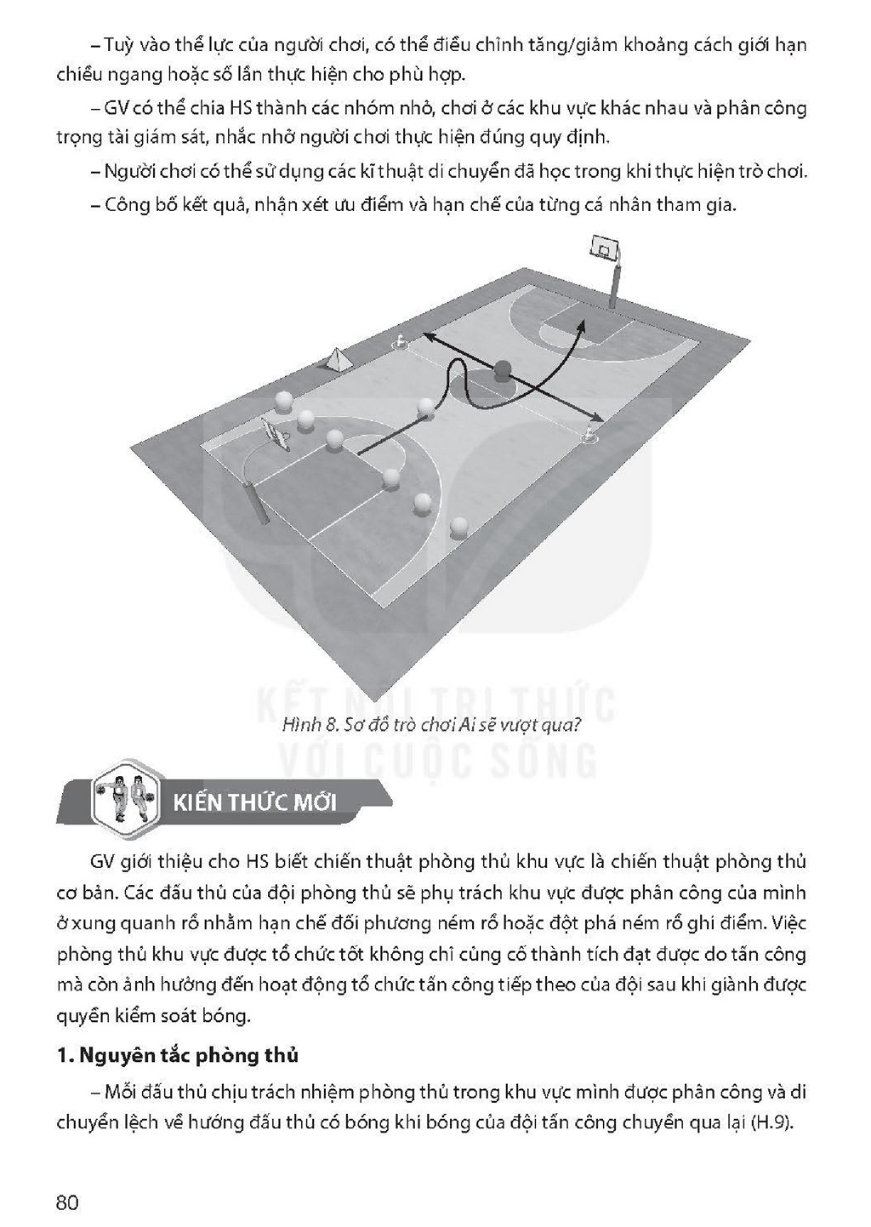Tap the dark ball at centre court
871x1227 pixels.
click(502, 371)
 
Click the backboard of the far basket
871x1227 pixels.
click(605, 248)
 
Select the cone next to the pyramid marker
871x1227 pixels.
click(400, 341)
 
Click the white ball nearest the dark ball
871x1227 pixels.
click(425, 407)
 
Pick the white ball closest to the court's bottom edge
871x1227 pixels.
click(458, 526)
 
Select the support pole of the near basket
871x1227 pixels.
click(255, 501)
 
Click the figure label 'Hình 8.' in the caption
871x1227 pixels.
click(306, 726)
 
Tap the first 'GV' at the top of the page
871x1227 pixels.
click(116, 108)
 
